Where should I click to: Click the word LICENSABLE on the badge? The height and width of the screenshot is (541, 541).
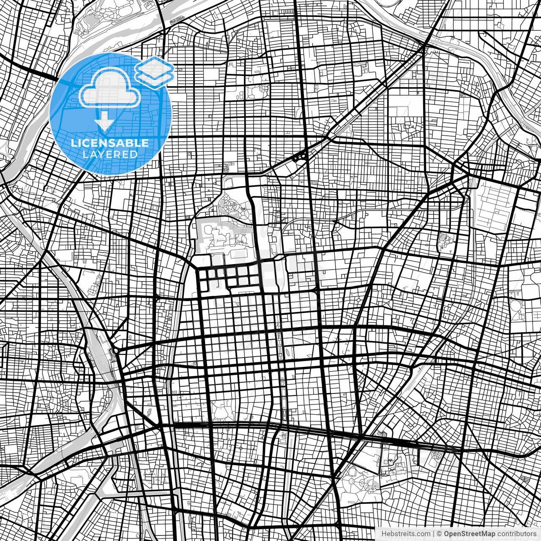[110, 143]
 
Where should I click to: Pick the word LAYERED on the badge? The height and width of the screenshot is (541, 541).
[110, 154]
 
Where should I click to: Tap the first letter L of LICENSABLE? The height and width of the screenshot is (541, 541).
[74, 143]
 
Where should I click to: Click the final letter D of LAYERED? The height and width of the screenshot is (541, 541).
[134, 154]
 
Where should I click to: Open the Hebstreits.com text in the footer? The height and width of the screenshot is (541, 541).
[406, 534]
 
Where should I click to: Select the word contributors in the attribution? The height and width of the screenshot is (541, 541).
[516, 534]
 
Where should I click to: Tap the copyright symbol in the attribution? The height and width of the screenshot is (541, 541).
[440, 534]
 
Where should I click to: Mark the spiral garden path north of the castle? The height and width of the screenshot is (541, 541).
[233, 205]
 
